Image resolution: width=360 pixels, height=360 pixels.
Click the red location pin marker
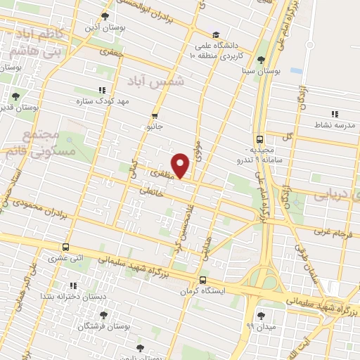pos(181,165)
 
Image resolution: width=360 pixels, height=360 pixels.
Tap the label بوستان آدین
pos(105,27)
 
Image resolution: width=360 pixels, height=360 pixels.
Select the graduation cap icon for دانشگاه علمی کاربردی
pos(216,34)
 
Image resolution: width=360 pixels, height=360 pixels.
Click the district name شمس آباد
pos(157,82)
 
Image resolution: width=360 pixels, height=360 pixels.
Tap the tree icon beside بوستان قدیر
pos(16,97)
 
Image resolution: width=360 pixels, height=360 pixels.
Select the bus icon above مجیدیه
pos(260,139)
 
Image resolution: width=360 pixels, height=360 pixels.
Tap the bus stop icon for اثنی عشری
pos(65,247)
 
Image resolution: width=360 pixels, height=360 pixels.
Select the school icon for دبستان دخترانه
pos(73,285)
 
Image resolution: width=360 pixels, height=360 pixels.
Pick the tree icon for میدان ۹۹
pos(262,315)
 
